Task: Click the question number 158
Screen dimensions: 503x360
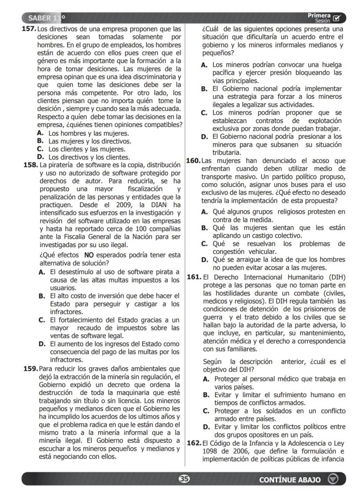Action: point(30,165)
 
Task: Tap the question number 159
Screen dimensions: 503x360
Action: point(30,369)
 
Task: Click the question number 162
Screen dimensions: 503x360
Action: point(193,443)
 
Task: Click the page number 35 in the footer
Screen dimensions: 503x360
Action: point(184,479)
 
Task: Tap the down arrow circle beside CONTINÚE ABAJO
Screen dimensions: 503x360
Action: point(333,480)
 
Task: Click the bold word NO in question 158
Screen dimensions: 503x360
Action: point(89,255)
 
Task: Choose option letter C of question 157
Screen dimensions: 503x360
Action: point(40,149)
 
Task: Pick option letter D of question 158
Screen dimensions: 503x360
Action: point(42,344)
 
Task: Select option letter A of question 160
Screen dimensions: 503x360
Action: point(204,212)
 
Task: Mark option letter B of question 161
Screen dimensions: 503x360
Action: point(207,395)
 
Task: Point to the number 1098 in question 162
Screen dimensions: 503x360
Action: point(210,451)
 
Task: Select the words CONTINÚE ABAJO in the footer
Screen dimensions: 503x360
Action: point(290,480)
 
